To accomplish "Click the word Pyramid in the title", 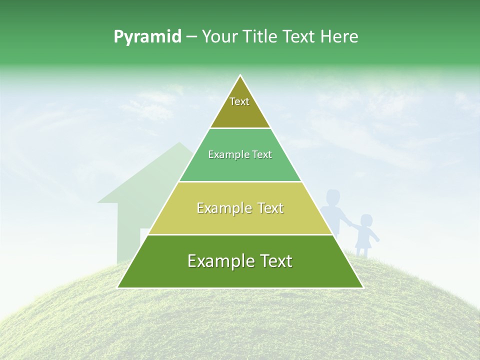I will pos(147,37).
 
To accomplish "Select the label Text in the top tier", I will pos(239,101).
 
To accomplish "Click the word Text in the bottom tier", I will pos(275,261).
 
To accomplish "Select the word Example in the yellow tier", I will pos(222,208).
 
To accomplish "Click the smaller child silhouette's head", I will pos(366,221).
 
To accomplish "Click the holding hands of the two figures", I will pos(352,227).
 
